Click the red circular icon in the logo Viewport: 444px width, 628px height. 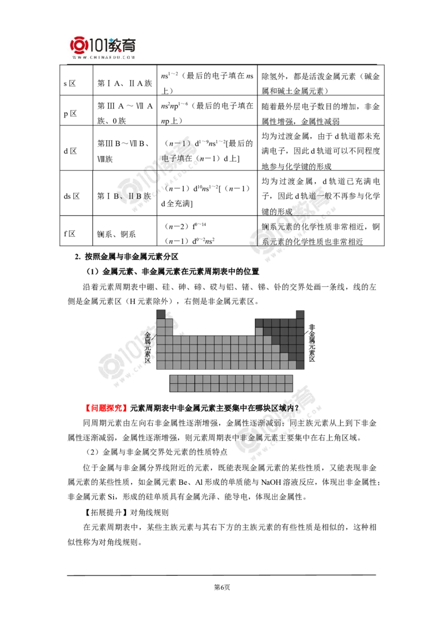coord(78,45)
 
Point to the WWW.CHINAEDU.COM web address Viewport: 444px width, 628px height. coord(103,57)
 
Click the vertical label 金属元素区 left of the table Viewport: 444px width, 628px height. coord(148,348)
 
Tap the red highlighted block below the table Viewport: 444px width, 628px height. coord(106,408)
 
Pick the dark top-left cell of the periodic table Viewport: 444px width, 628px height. coord(160,314)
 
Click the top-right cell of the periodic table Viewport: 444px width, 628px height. coord(300,314)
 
